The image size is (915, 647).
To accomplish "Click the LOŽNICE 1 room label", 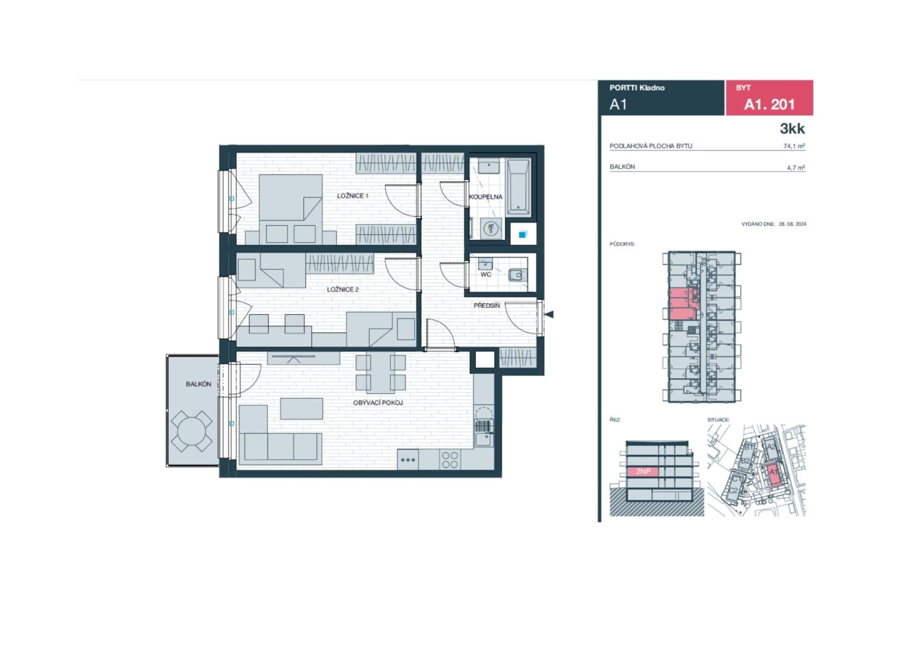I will pos(353,196).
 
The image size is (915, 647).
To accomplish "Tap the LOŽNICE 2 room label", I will pos(342,290).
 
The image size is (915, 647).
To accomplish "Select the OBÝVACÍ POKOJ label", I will pos(378,403).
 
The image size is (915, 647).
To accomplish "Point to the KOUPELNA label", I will pos(486,197).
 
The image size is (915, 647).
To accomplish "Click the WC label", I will pos(486,274).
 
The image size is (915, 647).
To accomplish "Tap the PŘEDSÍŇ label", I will pos(486,305).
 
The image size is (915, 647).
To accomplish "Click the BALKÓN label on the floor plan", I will pos(198,384).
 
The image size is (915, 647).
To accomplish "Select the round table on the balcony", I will pos(191,431).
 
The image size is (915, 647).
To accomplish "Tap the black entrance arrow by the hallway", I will pos(549,314).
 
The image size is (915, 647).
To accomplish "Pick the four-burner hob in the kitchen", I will pos(450,460).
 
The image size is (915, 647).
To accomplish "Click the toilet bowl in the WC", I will pos(517,275).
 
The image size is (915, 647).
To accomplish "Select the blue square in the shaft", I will pos(522,235).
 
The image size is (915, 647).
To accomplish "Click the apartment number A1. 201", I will pos(769,104).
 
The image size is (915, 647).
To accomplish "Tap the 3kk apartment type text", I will pos(792,128).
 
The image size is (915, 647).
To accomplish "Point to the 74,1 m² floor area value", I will pos(794,146).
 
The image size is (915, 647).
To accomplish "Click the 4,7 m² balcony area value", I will pos(795,168).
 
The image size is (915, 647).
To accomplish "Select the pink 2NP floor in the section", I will pos(643,471).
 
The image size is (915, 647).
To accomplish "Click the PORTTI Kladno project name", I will pos(637,87).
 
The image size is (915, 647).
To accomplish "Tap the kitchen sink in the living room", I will pos(484,439).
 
